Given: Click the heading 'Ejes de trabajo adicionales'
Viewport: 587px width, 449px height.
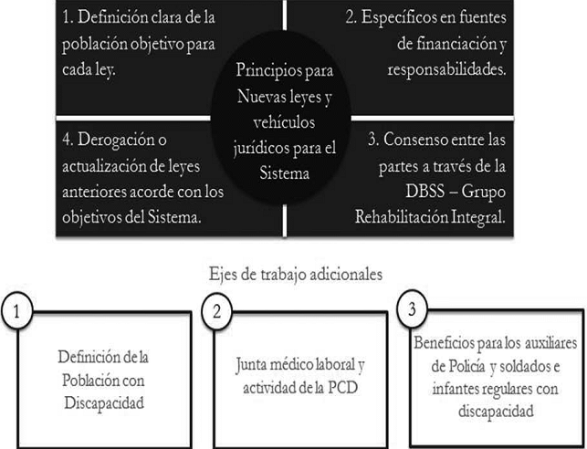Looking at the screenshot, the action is [296, 275].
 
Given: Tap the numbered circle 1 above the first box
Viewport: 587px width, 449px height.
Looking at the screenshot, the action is [16, 311].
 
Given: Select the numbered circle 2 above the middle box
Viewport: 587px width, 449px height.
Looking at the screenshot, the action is [217, 311].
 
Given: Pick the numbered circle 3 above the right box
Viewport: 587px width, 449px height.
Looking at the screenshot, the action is [412, 309].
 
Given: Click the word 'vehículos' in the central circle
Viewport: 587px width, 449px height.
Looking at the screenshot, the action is [284, 122].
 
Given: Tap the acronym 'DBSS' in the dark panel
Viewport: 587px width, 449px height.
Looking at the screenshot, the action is [425, 192].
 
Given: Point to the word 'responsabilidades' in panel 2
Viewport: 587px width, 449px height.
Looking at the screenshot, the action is [445, 70].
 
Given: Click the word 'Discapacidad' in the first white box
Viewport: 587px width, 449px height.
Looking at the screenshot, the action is [104, 404].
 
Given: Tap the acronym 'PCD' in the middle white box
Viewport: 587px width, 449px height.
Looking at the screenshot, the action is [343, 388].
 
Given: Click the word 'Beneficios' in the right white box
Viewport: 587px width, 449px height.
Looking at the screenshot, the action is [444, 343].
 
